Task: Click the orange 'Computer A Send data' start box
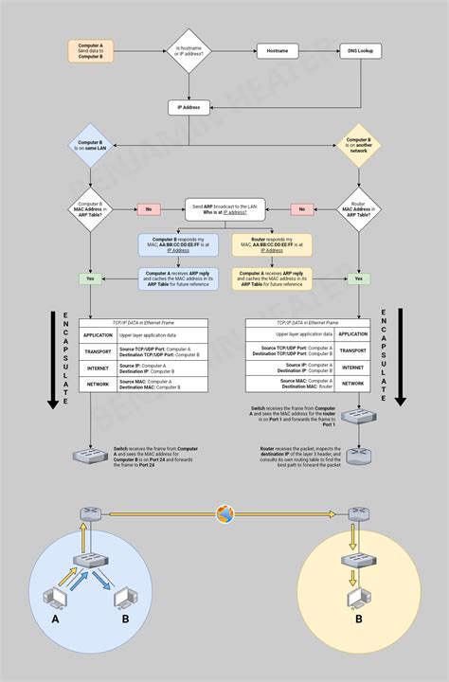point(90,50)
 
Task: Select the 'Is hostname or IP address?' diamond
point(189,50)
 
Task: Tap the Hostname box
point(278,50)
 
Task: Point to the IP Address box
point(189,108)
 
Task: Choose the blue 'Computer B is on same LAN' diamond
point(91,147)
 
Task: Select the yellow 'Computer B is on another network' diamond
point(361,147)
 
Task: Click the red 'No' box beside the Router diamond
point(301,209)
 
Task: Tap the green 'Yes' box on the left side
point(91,279)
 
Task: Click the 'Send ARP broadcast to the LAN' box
point(224,209)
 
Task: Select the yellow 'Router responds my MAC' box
point(272,244)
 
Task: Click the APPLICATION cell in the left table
point(98,334)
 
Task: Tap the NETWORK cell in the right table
point(353,384)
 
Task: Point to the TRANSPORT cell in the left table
point(98,350)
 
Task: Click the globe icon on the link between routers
point(224,514)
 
